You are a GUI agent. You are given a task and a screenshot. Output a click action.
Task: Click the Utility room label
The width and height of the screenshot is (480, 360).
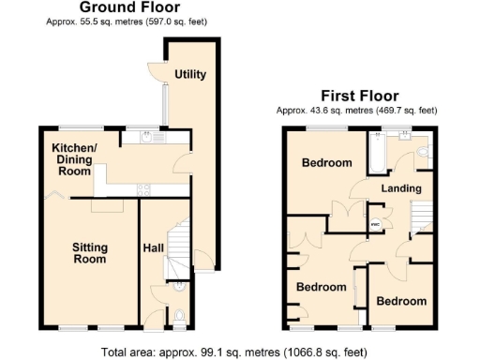pos(190,74)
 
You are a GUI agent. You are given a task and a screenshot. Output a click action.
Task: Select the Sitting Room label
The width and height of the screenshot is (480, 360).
pos(91,253)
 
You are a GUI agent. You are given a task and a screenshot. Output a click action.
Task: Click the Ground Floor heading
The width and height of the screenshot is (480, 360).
pos(127,7)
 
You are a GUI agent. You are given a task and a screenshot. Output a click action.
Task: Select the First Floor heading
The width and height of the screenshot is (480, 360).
pos(359,96)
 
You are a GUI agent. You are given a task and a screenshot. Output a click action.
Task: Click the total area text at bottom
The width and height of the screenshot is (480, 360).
pos(240,352)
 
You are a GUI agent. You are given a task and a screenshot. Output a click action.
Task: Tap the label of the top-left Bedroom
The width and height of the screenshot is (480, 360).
pos(326,163)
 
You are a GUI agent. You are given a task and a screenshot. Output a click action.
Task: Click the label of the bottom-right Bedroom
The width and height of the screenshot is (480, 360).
pos(401,301)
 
